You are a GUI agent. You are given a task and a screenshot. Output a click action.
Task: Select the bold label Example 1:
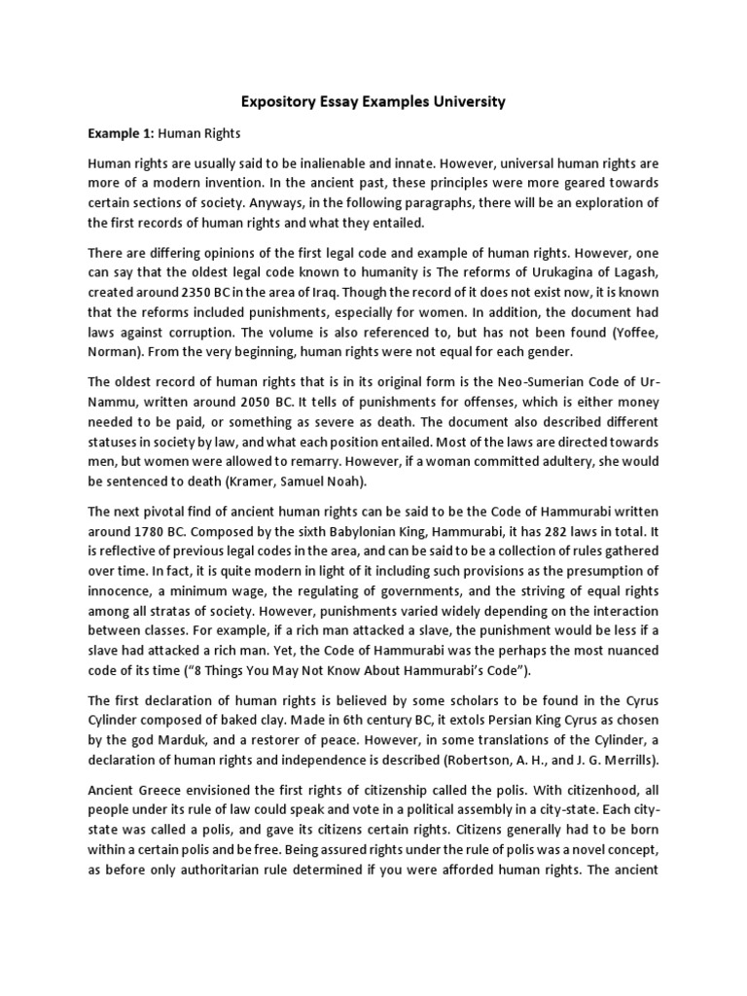click(x=120, y=133)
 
